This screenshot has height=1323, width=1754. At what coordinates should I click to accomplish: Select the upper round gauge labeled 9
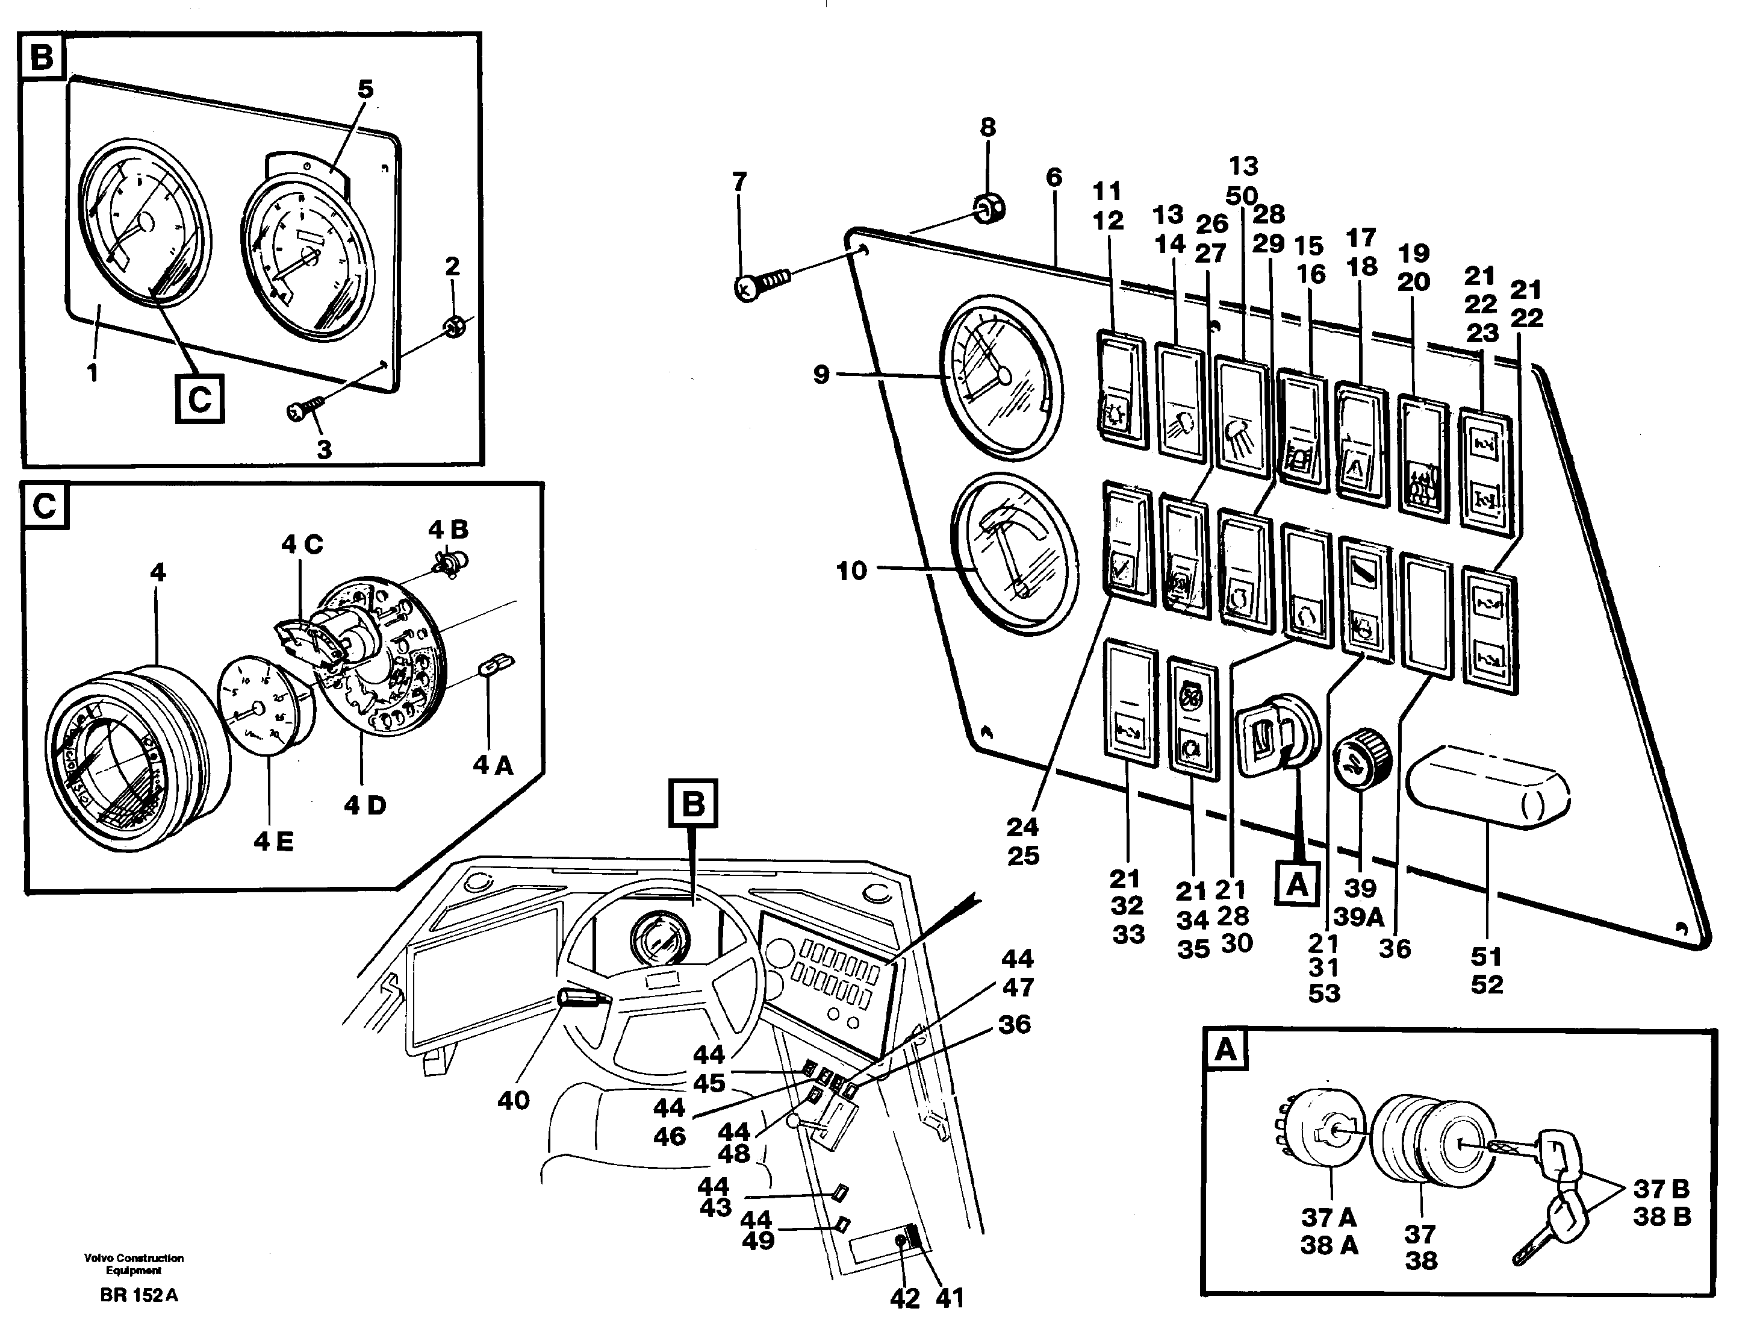coord(1000,378)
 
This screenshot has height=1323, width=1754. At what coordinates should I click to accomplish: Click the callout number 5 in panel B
coord(365,90)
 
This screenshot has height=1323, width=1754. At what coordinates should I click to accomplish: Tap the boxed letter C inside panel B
coord(199,398)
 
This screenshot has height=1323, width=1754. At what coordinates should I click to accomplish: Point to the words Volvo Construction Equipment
coord(133,1263)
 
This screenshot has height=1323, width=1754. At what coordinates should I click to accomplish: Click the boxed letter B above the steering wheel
coord(692,804)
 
